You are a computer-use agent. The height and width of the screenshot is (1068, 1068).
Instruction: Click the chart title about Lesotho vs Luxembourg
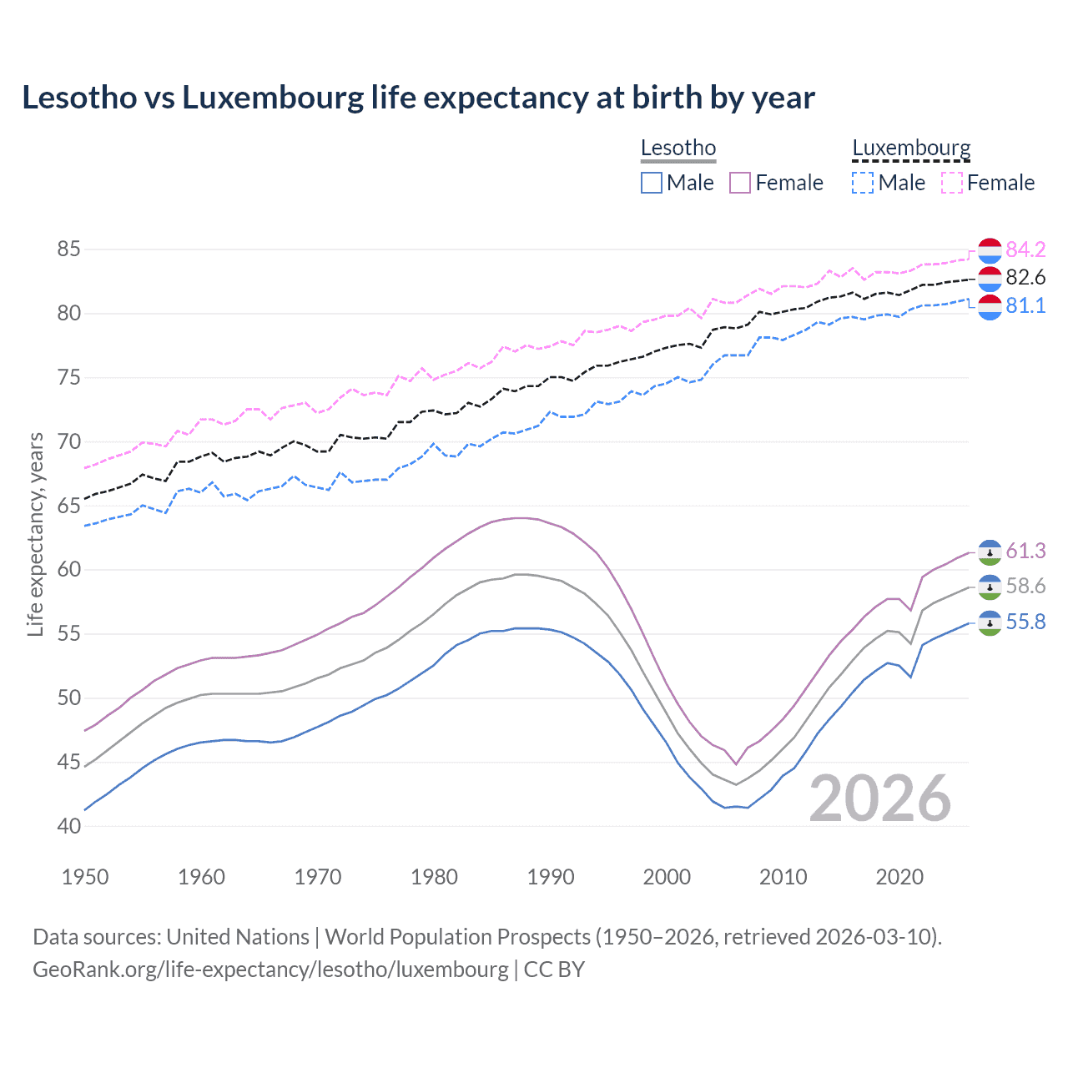(x=418, y=98)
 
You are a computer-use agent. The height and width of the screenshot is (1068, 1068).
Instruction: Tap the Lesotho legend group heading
(x=678, y=149)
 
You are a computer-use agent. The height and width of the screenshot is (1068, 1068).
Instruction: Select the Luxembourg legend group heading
(x=911, y=149)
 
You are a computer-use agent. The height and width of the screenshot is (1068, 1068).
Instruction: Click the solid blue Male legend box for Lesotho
(x=652, y=183)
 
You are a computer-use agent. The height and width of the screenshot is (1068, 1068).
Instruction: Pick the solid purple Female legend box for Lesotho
(x=740, y=183)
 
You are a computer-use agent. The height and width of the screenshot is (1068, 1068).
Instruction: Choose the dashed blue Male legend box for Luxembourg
(x=863, y=183)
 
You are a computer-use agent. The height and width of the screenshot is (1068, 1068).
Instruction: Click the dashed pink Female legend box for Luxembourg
(x=952, y=183)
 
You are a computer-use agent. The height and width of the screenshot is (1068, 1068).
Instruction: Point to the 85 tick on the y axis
(x=69, y=249)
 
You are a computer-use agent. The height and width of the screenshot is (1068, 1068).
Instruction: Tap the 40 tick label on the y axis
(x=69, y=826)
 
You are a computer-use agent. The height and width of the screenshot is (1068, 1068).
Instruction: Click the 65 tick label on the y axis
(x=69, y=506)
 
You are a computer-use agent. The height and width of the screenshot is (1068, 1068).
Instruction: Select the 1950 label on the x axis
(x=85, y=877)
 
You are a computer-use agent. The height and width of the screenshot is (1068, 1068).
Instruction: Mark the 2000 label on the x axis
(x=667, y=877)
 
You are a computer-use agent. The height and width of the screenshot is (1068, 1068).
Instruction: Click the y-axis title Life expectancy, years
(x=36, y=534)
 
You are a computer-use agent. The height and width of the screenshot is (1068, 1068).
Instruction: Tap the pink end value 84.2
(x=1025, y=249)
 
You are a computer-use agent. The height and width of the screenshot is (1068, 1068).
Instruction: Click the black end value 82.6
(x=1025, y=278)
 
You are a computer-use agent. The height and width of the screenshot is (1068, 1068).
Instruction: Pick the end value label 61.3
(x=1025, y=551)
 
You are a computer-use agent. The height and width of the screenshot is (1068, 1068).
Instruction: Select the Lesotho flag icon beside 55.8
(x=990, y=622)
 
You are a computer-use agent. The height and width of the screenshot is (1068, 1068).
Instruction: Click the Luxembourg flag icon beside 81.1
(x=990, y=306)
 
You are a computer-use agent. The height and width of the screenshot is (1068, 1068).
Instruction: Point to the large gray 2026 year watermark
(x=880, y=798)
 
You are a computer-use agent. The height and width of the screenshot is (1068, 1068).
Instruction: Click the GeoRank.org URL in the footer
(x=270, y=970)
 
